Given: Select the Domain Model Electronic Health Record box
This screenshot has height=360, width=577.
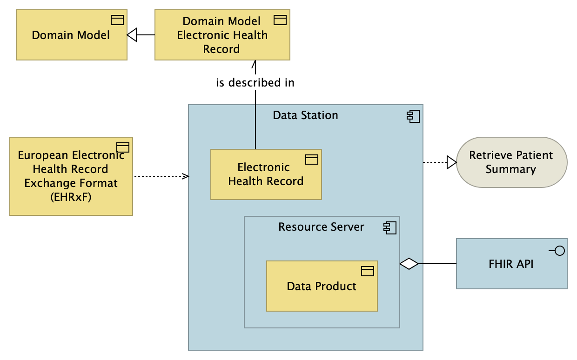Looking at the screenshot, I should pyautogui.click(x=222, y=35).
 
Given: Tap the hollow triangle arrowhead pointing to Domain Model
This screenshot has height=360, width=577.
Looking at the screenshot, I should pyautogui.click(x=132, y=35).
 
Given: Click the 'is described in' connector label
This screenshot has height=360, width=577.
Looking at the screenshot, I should pyautogui.click(x=255, y=83).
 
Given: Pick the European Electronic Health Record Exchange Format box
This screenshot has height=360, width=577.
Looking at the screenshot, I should pyautogui.click(x=71, y=176).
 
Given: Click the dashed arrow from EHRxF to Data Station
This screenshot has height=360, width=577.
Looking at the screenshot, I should pyautogui.click(x=161, y=176).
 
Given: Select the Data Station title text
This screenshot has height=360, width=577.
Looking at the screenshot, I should pyautogui.click(x=305, y=115).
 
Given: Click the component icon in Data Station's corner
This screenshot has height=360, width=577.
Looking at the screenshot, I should pyautogui.click(x=413, y=116).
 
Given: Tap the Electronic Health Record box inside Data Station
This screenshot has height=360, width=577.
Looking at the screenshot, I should pyautogui.click(x=266, y=174).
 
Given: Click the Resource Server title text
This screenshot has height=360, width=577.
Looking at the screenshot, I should pyautogui.click(x=321, y=227).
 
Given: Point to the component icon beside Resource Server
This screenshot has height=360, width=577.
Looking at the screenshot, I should pyautogui.click(x=389, y=227).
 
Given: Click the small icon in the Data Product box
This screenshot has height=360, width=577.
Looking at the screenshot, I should pyautogui.click(x=368, y=271).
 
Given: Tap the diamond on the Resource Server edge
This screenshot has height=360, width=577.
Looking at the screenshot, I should pyautogui.click(x=409, y=264).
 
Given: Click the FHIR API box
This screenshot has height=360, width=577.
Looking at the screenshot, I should pyautogui.click(x=511, y=264).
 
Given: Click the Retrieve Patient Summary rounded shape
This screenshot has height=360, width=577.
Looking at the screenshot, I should pyautogui.click(x=511, y=162).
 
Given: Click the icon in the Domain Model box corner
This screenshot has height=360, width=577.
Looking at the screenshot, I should pyautogui.click(x=117, y=20).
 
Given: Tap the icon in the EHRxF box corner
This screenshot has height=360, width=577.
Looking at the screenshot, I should pyautogui.click(x=122, y=147).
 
